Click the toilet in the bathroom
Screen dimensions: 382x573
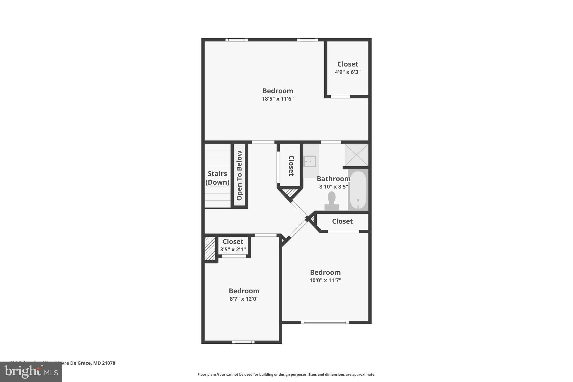332,201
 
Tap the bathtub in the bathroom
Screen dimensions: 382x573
358,190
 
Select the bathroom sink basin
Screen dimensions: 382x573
310,161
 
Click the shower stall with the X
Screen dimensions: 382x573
356,155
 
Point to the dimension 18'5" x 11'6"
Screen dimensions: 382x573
278,99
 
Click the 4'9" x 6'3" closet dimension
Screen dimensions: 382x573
347,72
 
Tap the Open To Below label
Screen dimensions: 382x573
239,175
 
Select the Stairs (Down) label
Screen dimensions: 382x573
217,178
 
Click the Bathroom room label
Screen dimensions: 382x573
334,179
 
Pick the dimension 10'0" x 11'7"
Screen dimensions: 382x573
325,280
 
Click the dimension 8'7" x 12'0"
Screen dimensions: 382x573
244,299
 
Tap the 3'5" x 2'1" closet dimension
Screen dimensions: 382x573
233,249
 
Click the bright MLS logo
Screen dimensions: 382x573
31,372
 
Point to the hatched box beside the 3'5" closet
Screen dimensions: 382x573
210,248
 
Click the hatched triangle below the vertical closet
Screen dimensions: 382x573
290,193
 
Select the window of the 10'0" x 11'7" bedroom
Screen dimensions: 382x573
325,322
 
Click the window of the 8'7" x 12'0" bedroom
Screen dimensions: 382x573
243,342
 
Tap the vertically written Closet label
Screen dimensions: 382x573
291,166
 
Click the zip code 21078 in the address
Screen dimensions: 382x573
109,363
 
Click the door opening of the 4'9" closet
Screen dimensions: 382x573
340,97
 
